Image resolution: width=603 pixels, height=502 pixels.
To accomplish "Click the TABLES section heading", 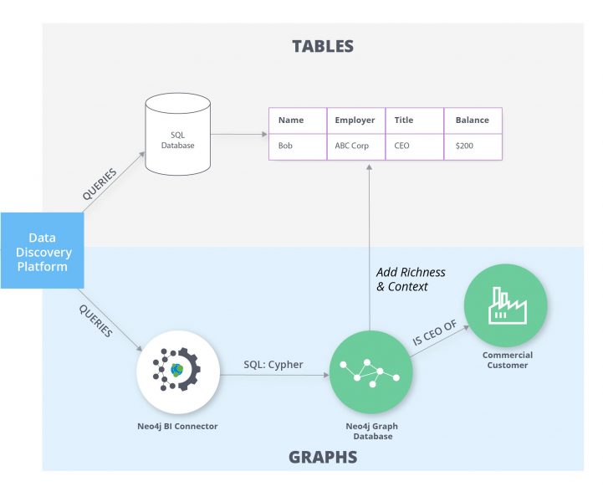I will click(x=322, y=46).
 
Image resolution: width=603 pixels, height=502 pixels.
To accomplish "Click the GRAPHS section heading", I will click(x=322, y=457).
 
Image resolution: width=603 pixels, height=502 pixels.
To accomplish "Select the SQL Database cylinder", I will click(x=177, y=134).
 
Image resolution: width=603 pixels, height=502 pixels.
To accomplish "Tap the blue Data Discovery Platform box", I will click(x=42, y=250).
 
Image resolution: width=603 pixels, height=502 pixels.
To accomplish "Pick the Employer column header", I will click(x=355, y=120).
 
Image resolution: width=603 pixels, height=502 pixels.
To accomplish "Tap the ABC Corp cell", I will click(x=355, y=146).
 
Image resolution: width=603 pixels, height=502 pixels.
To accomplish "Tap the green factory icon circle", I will click(x=506, y=303).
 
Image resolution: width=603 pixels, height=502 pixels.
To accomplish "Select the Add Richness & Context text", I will click(x=411, y=279).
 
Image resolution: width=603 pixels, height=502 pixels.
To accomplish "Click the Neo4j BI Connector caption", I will click(x=177, y=426).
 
